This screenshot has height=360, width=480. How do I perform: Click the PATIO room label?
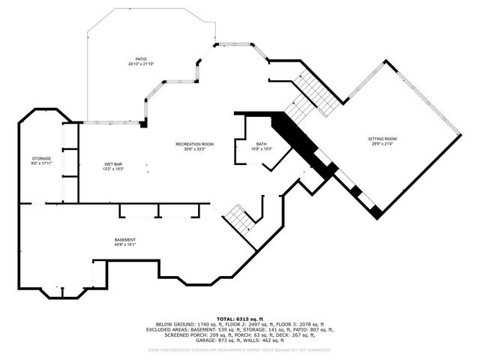pos(140,58)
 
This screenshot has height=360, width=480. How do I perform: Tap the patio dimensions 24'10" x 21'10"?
pos(140,64)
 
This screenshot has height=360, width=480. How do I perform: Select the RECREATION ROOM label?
pos(195,144)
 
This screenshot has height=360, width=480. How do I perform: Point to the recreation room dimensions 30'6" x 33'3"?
pos(195,149)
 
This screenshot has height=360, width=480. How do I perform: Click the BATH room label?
pos(261,144)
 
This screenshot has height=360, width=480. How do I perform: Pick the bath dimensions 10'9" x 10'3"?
pos(261,149)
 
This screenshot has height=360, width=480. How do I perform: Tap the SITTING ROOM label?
pos(382,139)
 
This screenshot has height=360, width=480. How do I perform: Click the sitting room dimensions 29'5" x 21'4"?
pos(382,144)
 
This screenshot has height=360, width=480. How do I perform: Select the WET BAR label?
pos(113,163)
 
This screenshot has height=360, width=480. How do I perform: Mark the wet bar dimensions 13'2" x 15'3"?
pos(113,169)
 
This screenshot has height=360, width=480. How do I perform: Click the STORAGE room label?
pos(41,158)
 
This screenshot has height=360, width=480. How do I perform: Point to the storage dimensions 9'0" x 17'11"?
pos(41,163)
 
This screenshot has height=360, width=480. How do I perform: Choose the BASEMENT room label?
pos(124,239)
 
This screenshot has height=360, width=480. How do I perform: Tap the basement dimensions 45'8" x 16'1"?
pos(124,244)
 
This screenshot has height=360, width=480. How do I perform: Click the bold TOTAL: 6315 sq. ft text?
pos(239,319)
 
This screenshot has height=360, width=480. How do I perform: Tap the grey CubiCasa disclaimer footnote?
pos(239,349)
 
